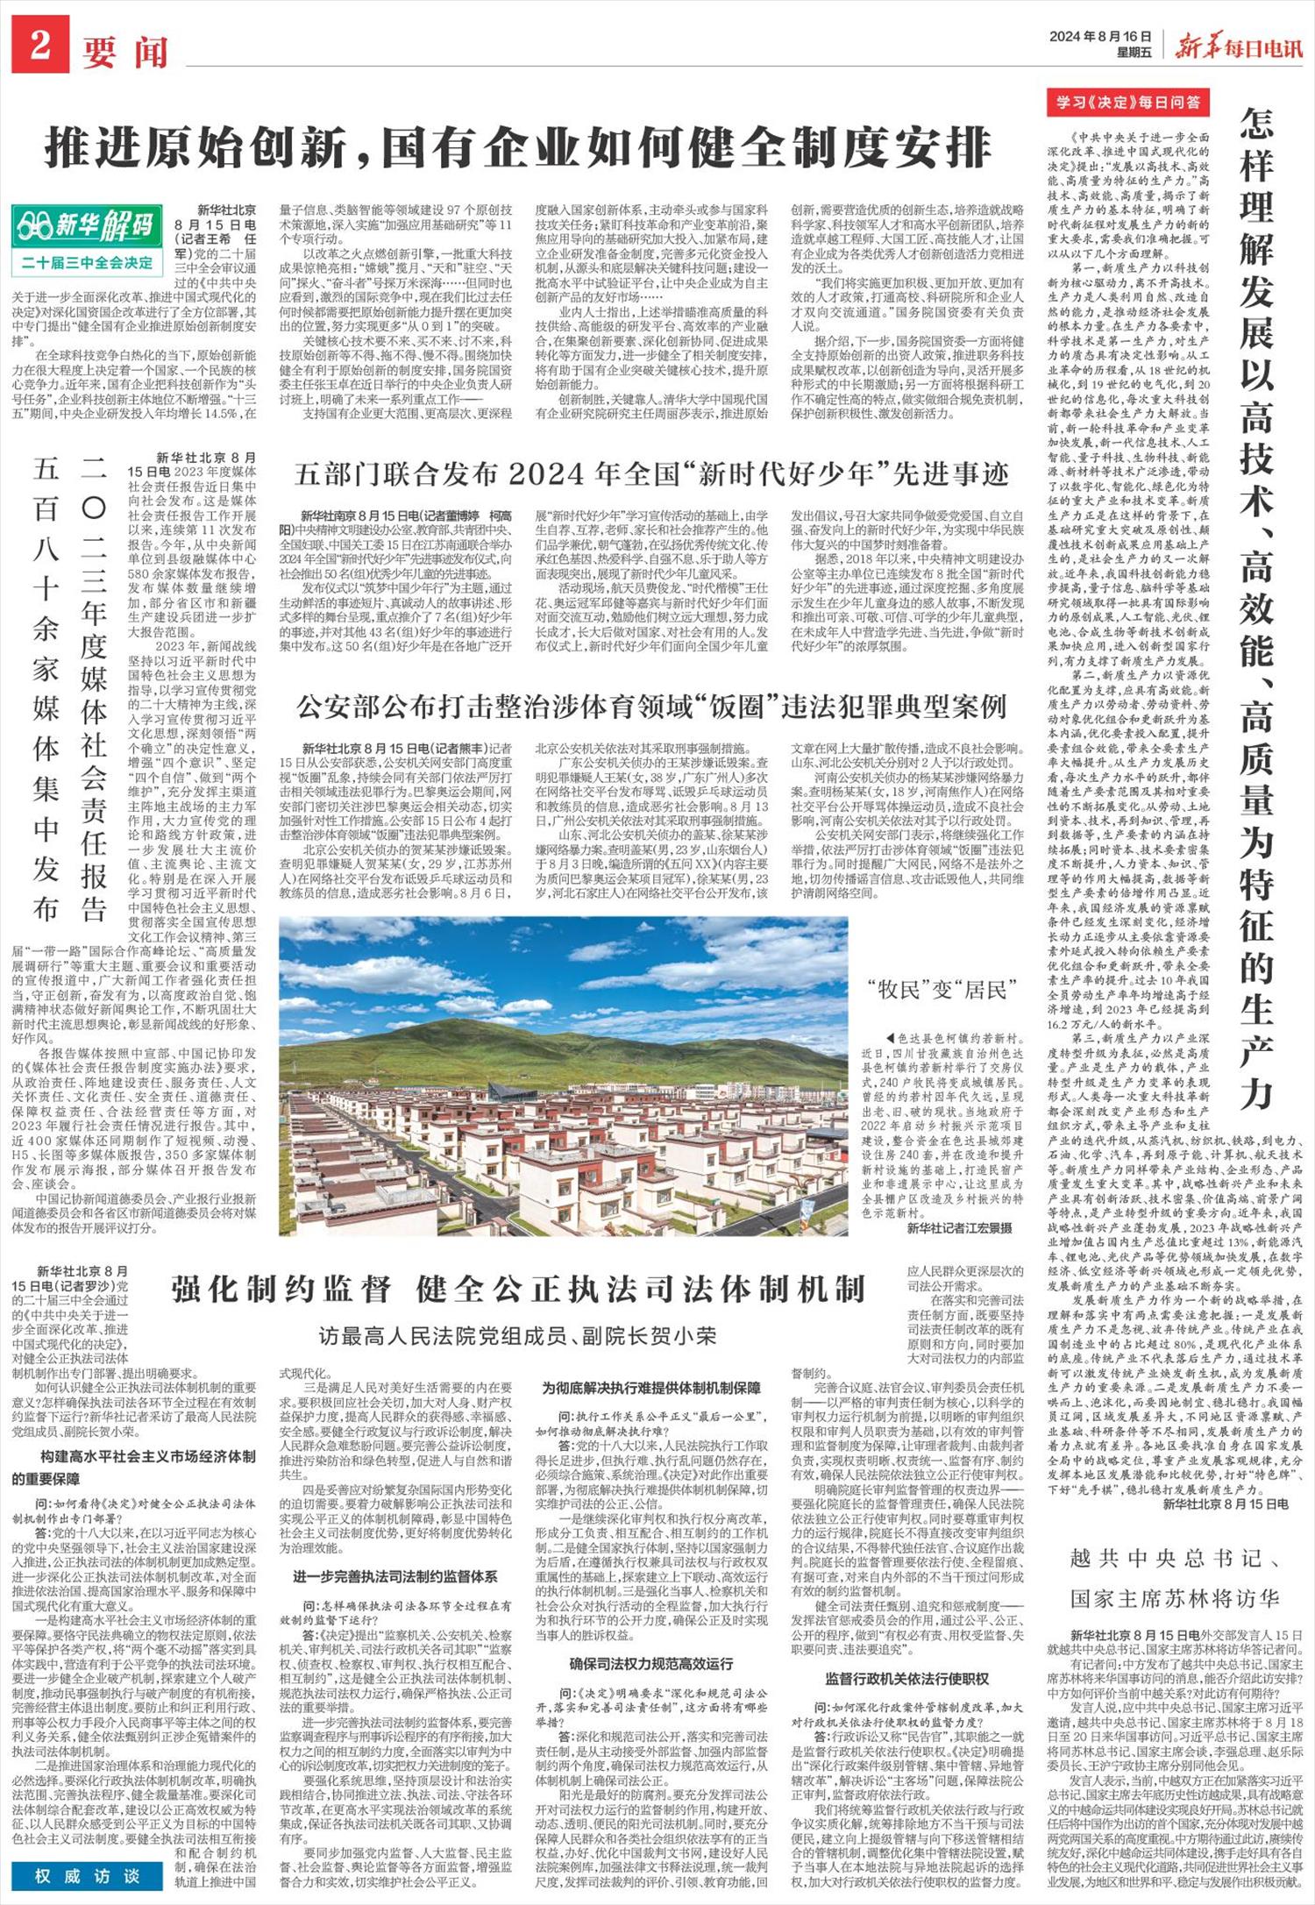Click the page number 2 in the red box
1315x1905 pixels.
click(39, 46)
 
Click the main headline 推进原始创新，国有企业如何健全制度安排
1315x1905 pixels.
click(517, 147)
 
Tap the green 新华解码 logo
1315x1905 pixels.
click(85, 225)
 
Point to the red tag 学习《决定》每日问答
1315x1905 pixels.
click(1127, 103)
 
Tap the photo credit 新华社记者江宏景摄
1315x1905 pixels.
click(959, 1229)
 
